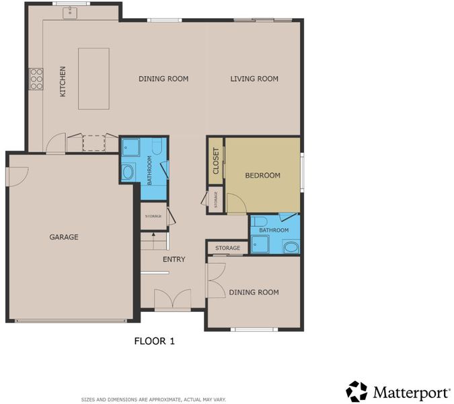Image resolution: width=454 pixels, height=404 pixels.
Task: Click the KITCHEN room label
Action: coord(63,81)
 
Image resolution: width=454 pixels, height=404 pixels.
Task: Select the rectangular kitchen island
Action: coord(93,79)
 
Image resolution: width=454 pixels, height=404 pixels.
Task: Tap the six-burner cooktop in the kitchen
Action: coord(36,79)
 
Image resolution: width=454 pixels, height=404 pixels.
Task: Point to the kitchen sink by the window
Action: coord(70,13)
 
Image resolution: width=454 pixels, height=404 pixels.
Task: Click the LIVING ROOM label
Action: coord(254,79)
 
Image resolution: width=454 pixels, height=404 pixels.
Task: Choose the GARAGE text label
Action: coord(64,237)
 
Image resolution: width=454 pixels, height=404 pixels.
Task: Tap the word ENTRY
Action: coord(174,259)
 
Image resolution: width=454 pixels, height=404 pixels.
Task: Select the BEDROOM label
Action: coord(262,175)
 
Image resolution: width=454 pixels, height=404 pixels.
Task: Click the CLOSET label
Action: coord(216,161)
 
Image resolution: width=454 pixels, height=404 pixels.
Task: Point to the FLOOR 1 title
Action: coord(154,341)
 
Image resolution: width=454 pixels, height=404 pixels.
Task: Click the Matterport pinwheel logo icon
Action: coord(356,392)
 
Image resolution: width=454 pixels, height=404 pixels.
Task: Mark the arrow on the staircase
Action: coord(153,234)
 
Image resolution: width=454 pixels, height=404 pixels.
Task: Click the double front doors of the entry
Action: coord(173,298)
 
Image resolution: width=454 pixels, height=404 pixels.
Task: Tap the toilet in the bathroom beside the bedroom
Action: coord(259,221)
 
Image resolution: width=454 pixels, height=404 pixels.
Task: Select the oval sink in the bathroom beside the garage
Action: coord(128,172)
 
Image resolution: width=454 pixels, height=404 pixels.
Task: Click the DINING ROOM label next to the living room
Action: coord(163,79)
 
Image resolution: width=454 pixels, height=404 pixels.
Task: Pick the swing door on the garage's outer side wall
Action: coord(17,176)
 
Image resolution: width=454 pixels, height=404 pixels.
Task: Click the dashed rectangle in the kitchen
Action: coord(93,143)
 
